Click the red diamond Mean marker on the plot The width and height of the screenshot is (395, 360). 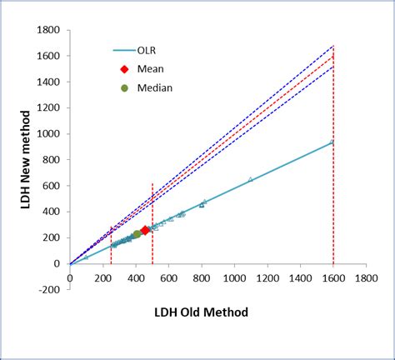click(x=145, y=230)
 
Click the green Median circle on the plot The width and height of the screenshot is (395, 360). click(x=137, y=235)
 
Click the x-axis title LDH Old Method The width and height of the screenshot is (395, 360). click(x=200, y=312)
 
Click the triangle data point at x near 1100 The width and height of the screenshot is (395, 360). click(x=251, y=179)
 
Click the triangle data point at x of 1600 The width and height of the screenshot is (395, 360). click(x=332, y=142)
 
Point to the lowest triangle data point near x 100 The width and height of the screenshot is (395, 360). click(x=86, y=257)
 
